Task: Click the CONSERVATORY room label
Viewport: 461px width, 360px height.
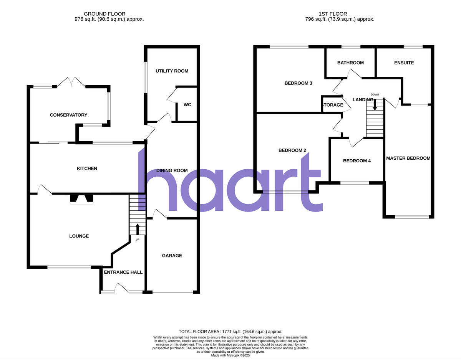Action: click(x=68, y=115)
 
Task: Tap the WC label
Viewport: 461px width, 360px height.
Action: click(x=187, y=105)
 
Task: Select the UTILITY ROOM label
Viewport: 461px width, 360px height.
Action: click(x=172, y=71)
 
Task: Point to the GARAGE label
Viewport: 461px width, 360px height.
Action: click(x=172, y=256)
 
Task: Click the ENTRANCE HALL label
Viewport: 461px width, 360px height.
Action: click(x=123, y=272)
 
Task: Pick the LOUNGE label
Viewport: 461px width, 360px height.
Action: click(x=79, y=236)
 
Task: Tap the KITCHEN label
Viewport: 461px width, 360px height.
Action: click(x=87, y=168)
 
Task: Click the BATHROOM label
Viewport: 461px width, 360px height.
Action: click(x=350, y=63)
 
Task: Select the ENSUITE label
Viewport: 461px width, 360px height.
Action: click(x=404, y=63)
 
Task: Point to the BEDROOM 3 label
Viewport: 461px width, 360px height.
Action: click(x=298, y=83)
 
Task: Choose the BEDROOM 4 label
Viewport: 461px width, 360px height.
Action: click(x=357, y=161)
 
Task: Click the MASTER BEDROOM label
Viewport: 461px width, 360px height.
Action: click(x=408, y=158)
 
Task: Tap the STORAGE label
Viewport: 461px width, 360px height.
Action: click(x=333, y=105)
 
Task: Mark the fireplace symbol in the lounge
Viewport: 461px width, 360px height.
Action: click(x=81, y=199)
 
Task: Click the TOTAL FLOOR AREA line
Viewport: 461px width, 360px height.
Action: click(x=230, y=332)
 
